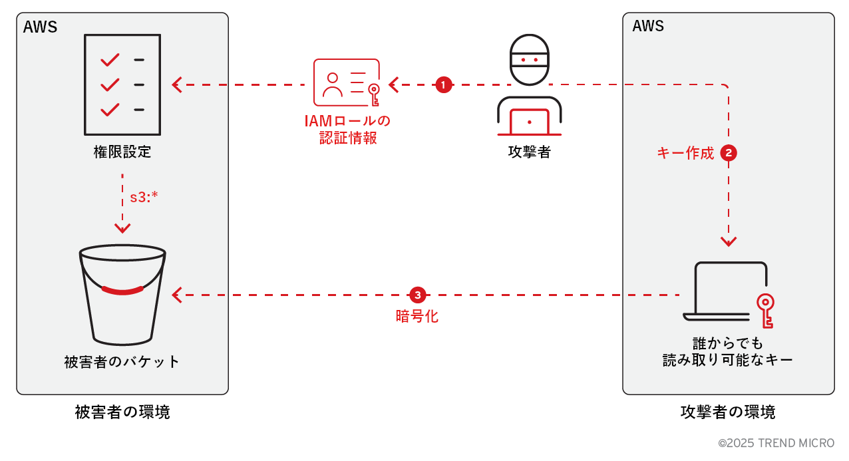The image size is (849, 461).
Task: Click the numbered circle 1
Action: pyautogui.click(x=443, y=84)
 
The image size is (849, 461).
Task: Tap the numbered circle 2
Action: pyautogui.click(x=729, y=153)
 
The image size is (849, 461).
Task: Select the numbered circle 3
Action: pyautogui.click(x=417, y=294)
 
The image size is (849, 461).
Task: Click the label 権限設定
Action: pyautogui.click(x=122, y=152)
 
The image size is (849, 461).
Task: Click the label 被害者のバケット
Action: pyautogui.click(x=122, y=362)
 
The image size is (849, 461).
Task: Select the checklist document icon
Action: pyautogui.click(x=122, y=84)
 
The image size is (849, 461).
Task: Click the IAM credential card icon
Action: pyautogui.click(x=346, y=83)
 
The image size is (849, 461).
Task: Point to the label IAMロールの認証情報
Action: pyautogui.click(x=347, y=130)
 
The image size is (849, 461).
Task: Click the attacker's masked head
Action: pyautogui.click(x=530, y=60)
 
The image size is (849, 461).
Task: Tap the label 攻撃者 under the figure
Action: pyautogui.click(x=530, y=152)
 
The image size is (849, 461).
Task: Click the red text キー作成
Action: pyautogui.click(x=685, y=154)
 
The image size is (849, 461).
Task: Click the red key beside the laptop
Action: pyautogui.click(x=766, y=310)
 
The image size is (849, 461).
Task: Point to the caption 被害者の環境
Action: pyautogui.click(x=122, y=412)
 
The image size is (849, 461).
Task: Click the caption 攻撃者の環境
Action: pyautogui.click(x=728, y=412)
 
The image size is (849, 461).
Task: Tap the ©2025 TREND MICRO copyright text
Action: pyautogui.click(x=776, y=443)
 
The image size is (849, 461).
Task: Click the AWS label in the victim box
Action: pyautogui.click(x=41, y=27)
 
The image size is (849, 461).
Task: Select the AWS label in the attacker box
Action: pyautogui.click(x=648, y=27)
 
